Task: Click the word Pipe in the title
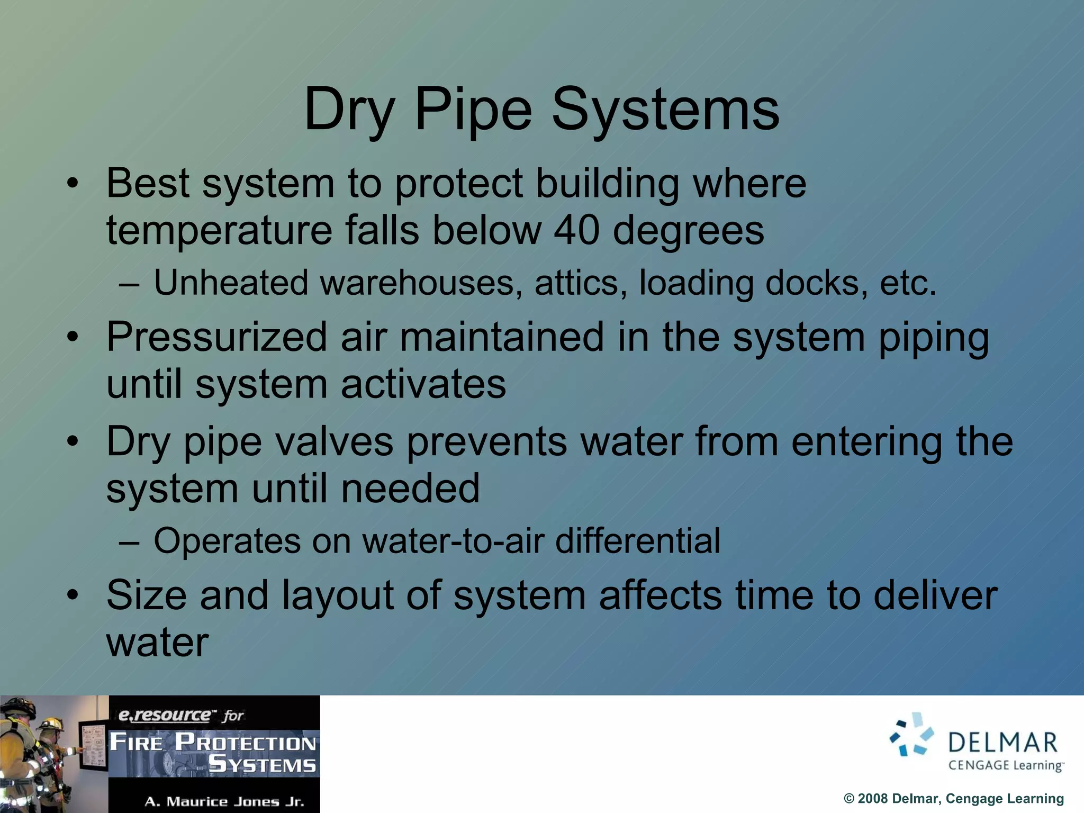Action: pos(473,110)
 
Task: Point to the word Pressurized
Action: pos(217,337)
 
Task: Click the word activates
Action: pos(423,384)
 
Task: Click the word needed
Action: pos(410,488)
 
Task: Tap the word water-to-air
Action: pos(454,541)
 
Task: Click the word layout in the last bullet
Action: pos(338,595)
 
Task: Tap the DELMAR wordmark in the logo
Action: pos(1002,742)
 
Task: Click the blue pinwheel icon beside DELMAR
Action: pos(911,734)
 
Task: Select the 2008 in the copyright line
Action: pos(872,798)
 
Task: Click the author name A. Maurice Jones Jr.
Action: pos(224,801)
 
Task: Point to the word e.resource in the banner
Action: pos(164,715)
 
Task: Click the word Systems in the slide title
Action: pos(665,110)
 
